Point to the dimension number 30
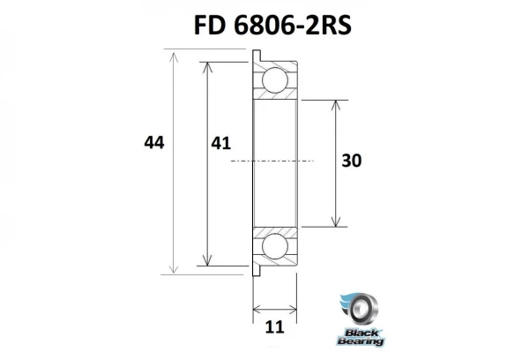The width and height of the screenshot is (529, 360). (x=352, y=161)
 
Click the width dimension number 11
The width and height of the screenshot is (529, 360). (x=274, y=326)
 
